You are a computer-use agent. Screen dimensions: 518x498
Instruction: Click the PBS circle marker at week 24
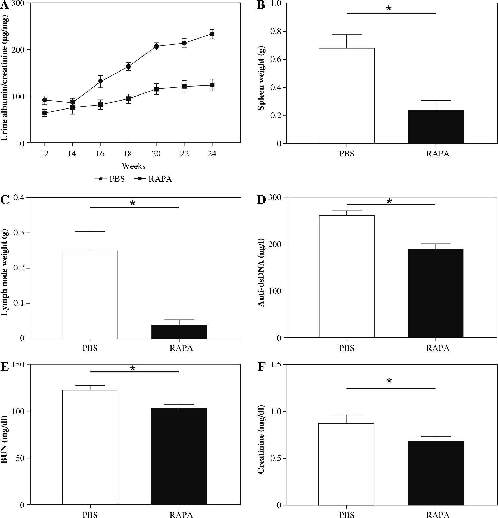point(212,34)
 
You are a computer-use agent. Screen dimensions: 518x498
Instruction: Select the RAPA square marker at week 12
point(45,113)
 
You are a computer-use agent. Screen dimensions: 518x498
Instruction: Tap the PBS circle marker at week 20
point(156,46)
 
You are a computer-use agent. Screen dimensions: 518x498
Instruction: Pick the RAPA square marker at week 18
point(128,99)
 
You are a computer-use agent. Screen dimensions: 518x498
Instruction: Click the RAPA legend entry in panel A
point(153,179)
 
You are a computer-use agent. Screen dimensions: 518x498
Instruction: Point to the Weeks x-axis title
point(134,166)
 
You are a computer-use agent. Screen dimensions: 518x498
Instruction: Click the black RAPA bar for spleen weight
point(436,127)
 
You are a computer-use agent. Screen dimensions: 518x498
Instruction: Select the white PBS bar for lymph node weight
point(90,295)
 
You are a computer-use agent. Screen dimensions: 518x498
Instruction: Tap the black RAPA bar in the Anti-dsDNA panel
point(436,293)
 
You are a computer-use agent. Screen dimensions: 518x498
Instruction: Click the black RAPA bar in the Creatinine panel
point(436,473)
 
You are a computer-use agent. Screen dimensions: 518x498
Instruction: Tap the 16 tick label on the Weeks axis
point(100,154)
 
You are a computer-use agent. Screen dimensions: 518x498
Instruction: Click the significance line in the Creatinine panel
point(391,389)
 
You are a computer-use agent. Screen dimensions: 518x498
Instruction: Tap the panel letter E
point(4,367)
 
